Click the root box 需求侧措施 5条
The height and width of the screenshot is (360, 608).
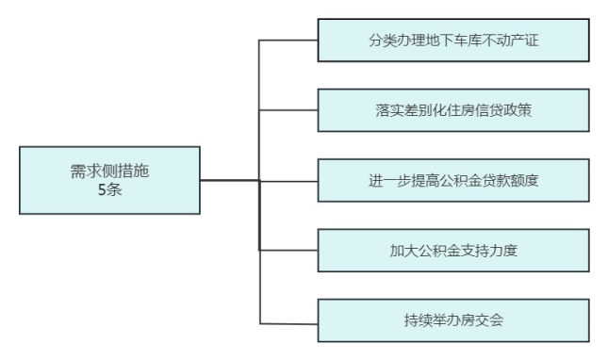pos(109,180)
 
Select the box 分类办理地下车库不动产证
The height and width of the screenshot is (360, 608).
pos(453,41)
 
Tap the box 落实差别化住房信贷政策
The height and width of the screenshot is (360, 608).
pos(453,110)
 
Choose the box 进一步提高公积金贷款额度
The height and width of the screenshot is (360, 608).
pos(453,180)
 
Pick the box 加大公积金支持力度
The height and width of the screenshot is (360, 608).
pos(453,251)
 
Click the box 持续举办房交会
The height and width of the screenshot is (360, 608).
pos(453,320)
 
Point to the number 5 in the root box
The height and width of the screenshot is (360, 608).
pos(102,189)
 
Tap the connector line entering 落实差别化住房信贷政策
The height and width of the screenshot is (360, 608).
pos(288,110)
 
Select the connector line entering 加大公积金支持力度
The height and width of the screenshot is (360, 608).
pos(288,250)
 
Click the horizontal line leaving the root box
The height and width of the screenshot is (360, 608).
pos(230,180)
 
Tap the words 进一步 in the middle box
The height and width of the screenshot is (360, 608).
pos(389,180)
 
